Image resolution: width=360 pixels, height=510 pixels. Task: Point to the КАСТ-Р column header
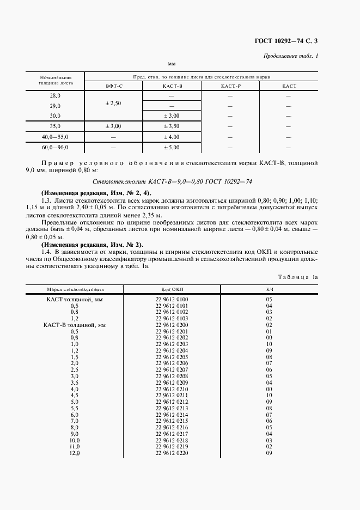point(230,87)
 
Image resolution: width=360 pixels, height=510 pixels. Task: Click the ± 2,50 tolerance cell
point(113,103)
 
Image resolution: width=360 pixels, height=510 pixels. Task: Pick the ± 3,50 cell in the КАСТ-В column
point(172,126)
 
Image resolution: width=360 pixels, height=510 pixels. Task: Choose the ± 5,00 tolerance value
point(172,147)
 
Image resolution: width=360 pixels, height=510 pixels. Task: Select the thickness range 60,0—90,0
point(55,147)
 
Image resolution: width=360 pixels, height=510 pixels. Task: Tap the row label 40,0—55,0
point(55,136)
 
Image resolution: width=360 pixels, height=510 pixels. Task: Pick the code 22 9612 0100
point(172,300)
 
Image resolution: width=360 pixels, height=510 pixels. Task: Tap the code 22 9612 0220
point(172,453)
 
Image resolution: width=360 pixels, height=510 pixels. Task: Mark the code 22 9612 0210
point(172,389)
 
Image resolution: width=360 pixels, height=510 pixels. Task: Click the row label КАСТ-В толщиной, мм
point(74,325)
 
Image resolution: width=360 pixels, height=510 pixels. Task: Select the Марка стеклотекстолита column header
point(74,289)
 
